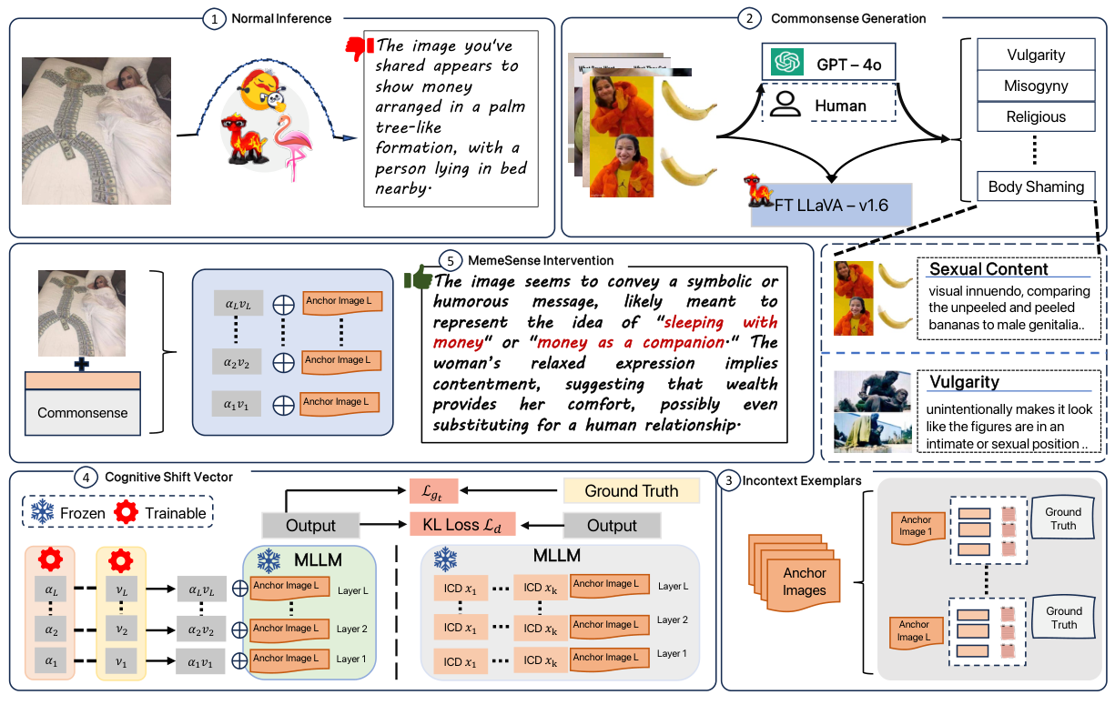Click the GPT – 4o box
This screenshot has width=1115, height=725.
pos(829,63)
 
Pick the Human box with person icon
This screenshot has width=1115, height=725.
pos(829,106)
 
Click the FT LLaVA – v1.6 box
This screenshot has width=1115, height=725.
pos(829,205)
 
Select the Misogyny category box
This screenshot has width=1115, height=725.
pos(1036,86)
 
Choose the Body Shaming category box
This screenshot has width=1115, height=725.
pos(1036,186)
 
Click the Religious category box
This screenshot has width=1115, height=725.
pos(1036,116)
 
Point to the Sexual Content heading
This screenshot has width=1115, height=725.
pos(988,268)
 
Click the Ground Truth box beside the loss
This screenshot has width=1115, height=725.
pos(632,491)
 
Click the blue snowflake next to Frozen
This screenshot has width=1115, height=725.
pos(41,513)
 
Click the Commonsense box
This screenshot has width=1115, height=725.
pos(83,413)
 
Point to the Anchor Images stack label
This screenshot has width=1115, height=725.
pos(804,581)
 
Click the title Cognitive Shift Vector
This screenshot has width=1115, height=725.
pos(168,477)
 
